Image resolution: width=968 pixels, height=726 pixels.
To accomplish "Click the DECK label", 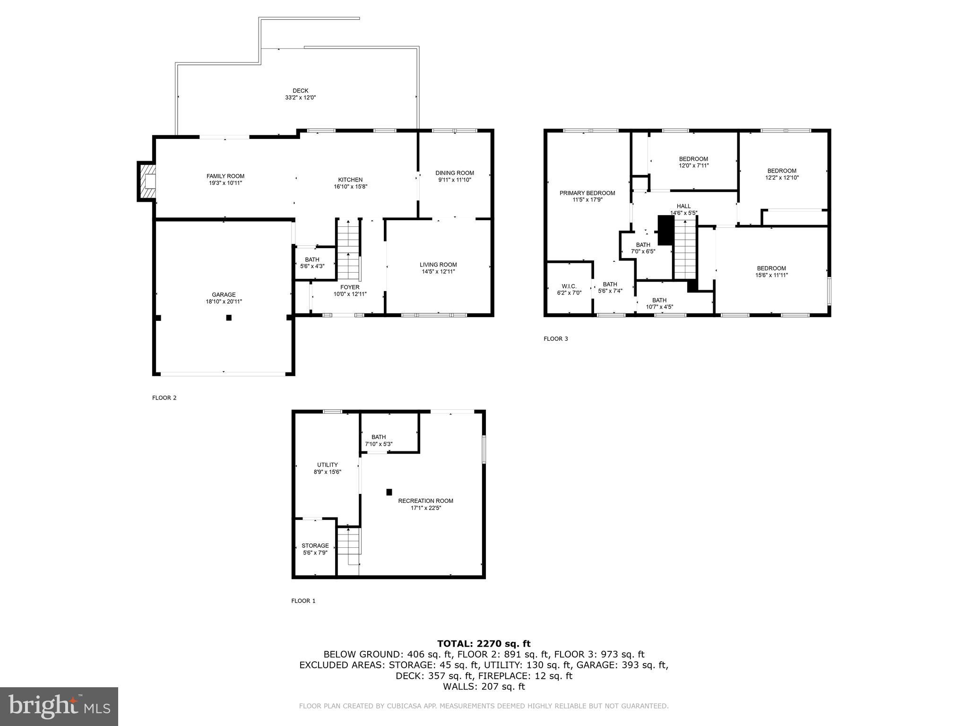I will (x=300, y=91).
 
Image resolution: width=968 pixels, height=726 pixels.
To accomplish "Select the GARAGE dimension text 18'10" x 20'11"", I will (x=224, y=302).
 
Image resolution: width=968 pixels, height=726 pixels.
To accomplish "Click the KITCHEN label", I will (x=350, y=180).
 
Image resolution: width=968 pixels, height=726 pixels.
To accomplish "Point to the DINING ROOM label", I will (x=454, y=173).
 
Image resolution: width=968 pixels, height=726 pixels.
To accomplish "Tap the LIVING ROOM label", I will (x=438, y=265).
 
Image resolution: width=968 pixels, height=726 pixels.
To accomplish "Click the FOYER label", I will (x=350, y=287).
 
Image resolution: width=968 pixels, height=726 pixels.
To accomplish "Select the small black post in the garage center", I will (x=229, y=318).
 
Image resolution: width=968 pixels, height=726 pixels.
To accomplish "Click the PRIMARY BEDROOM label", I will (x=587, y=193).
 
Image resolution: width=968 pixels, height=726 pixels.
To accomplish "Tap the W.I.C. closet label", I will (x=569, y=286).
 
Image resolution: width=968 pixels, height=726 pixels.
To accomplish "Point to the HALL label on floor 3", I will (x=683, y=206).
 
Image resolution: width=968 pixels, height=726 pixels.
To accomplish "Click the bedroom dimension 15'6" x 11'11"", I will (x=771, y=275).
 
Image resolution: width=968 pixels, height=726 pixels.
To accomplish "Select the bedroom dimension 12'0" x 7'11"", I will (x=693, y=165).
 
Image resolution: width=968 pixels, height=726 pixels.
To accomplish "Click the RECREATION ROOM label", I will (x=425, y=501).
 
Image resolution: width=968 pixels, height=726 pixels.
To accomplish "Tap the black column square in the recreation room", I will (x=389, y=492).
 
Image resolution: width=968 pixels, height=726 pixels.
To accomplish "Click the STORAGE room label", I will (x=315, y=545).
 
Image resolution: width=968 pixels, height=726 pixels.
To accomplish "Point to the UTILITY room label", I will (x=327, y=465).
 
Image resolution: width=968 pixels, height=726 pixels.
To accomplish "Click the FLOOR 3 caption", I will (x=555, y=339).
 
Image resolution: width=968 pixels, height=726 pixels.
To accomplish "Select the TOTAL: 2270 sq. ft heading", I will (x=484, y=643).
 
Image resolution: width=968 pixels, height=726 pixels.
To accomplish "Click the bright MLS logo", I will (x=59, y=706).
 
